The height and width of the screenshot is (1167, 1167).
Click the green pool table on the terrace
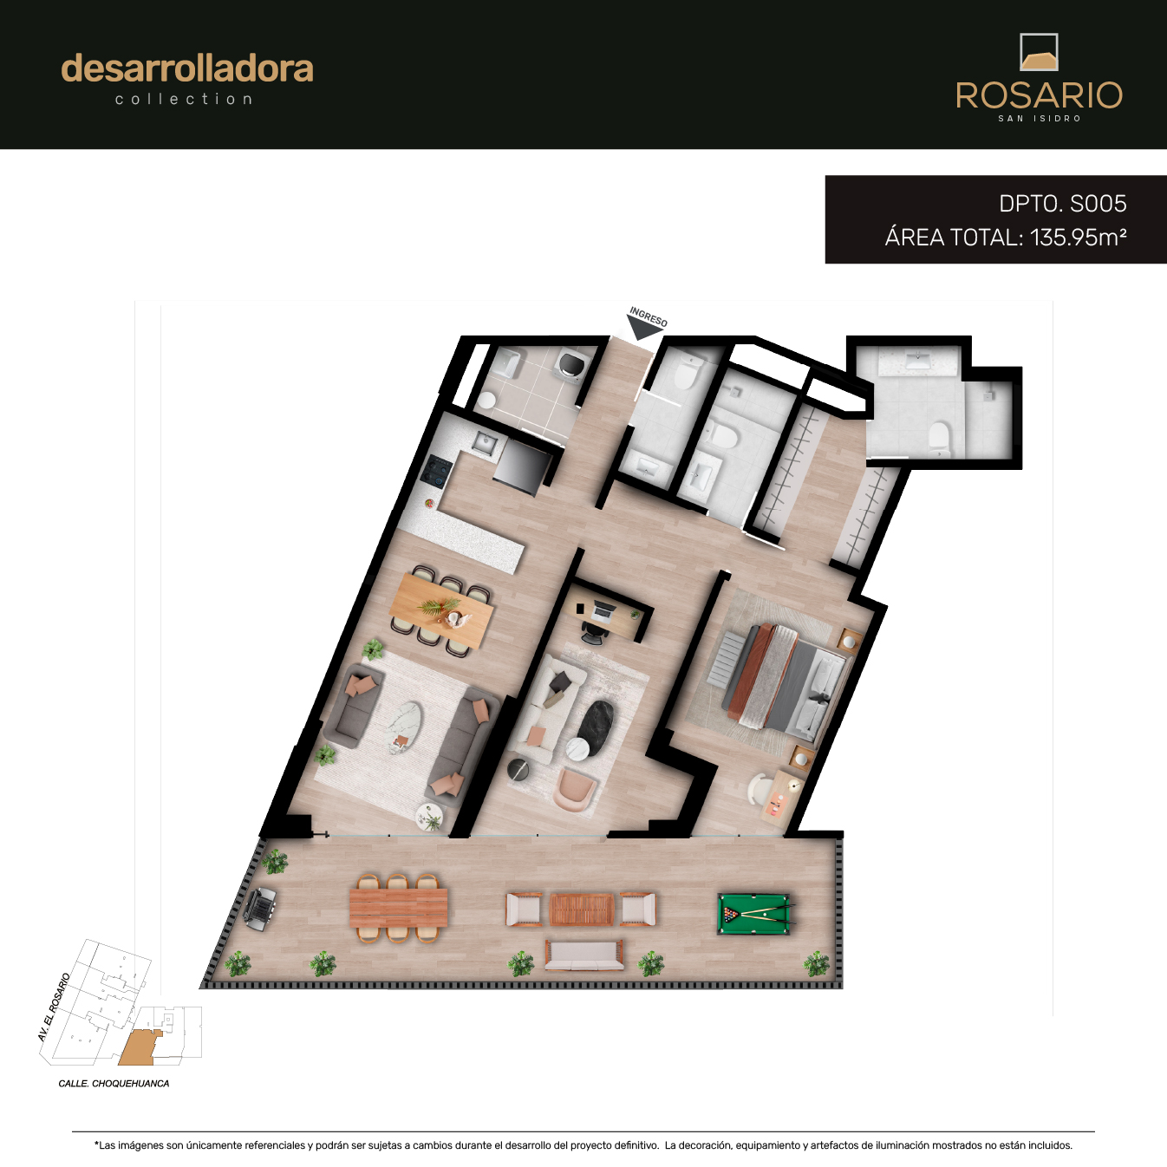coord(754,915)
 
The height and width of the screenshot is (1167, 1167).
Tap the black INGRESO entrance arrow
coord(644,328)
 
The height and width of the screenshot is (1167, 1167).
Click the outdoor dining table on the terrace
coord(399,907)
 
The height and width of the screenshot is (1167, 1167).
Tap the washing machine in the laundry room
coord(570,364)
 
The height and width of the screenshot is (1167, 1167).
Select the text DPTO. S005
coord(1062,204)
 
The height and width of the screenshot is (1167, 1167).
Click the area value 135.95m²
coord(1078,238)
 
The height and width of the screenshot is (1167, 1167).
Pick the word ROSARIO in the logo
coord(1039,95)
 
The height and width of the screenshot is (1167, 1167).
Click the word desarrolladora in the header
coord(187,68)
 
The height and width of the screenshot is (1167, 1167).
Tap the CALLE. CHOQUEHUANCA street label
coord(114,1084)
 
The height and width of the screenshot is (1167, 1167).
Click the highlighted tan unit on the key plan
coord(140,1047)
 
